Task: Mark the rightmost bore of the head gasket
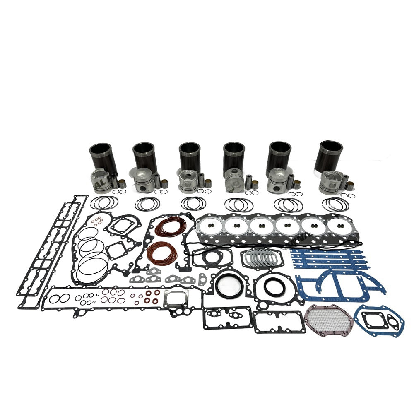click(x=340, y=226)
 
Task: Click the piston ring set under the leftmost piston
click(x=104, y=203)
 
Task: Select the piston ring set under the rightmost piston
click(x=335, y=204)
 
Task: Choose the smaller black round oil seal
click(x=273, y=287)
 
